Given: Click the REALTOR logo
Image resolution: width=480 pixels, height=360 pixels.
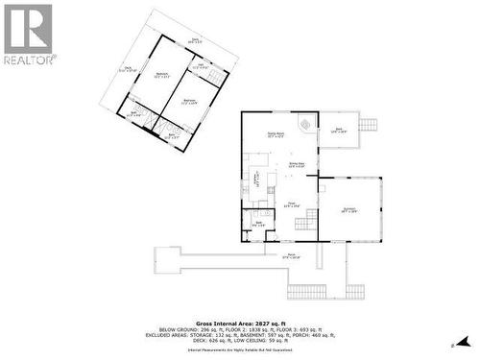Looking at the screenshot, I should tap(28, 34).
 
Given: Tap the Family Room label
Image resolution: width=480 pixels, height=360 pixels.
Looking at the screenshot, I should tap(276, 135).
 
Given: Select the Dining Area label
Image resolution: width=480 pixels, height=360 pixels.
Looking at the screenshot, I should tap(297, 165).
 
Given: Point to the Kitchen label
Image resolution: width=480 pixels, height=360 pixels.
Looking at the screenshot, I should tap(255, 178).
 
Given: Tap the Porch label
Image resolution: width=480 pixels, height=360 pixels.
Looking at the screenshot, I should tap(291, 255).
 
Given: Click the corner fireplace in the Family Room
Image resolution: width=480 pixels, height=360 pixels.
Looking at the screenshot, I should tap(305, 125).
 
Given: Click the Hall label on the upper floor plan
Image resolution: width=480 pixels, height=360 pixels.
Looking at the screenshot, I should tap(200, 67).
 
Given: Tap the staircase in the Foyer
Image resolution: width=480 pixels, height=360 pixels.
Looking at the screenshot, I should tap(304, 223).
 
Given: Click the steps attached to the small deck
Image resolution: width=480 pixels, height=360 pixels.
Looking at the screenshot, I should tap(371, 124).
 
